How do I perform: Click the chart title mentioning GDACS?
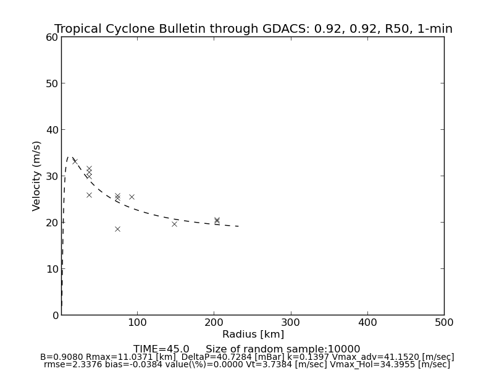(x=253, y=29)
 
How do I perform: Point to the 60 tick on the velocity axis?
(x=51, y=37)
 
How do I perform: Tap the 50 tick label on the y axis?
(x=51, y=83)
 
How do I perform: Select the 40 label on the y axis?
(x=51, y=130)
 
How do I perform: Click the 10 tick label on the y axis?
(x=51, y=269)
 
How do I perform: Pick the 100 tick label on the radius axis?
(x=137, y=322)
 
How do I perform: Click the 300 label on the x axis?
(x=291, y=322)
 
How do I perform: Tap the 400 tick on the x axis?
(x=367, y=322)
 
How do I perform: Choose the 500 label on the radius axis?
(x=444, y=322)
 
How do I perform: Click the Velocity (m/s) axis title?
(x=37, y=176)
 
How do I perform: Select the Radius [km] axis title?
(x=253, y=335)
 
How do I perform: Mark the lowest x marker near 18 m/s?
(x=117, y=229)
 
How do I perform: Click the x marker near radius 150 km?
(x=174, y=224)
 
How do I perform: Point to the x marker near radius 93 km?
(x=132, y=197)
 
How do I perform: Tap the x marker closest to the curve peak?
(x=75, y=161)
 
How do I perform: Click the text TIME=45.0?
(x=161, y=349)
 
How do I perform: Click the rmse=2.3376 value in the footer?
(x=67, y=365)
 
